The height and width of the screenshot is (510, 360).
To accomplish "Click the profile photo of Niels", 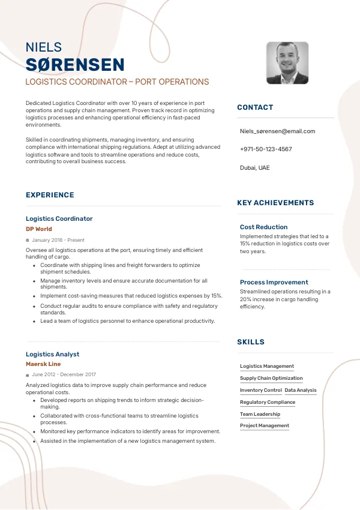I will click(287, 63).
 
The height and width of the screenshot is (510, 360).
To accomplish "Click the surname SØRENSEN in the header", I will click(75, 65).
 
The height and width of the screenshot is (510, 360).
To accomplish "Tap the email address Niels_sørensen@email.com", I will click(277, 131).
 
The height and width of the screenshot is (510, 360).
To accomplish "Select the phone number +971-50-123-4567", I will click(266, 149).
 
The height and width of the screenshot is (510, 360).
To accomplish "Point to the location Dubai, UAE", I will click(254, 167).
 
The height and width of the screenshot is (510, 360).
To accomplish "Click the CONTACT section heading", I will click(255, 107).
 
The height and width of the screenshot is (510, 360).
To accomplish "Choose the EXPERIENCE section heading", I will click(50, 195).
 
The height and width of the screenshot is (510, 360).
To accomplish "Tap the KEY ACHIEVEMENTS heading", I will click(275, 203).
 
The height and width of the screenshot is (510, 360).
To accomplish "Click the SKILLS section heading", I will click(251, 342).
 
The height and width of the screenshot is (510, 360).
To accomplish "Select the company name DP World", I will click(39, 229).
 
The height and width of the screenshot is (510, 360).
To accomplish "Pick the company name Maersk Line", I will click(43, 364).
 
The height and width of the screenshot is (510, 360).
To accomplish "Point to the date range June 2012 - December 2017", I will click(64, 374).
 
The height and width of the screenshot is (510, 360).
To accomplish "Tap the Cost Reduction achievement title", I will click(263, 227).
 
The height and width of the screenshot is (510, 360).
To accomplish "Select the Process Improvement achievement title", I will click(274, 282).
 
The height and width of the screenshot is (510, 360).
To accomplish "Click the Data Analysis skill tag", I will click(300, 390).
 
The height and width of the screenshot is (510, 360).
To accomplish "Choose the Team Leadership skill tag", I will click(260, 414).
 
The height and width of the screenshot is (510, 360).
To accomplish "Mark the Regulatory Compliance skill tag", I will click(268, 402).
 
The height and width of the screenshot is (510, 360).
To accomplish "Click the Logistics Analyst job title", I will click(53, 354).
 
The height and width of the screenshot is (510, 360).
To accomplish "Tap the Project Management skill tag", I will click(265, 425).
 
